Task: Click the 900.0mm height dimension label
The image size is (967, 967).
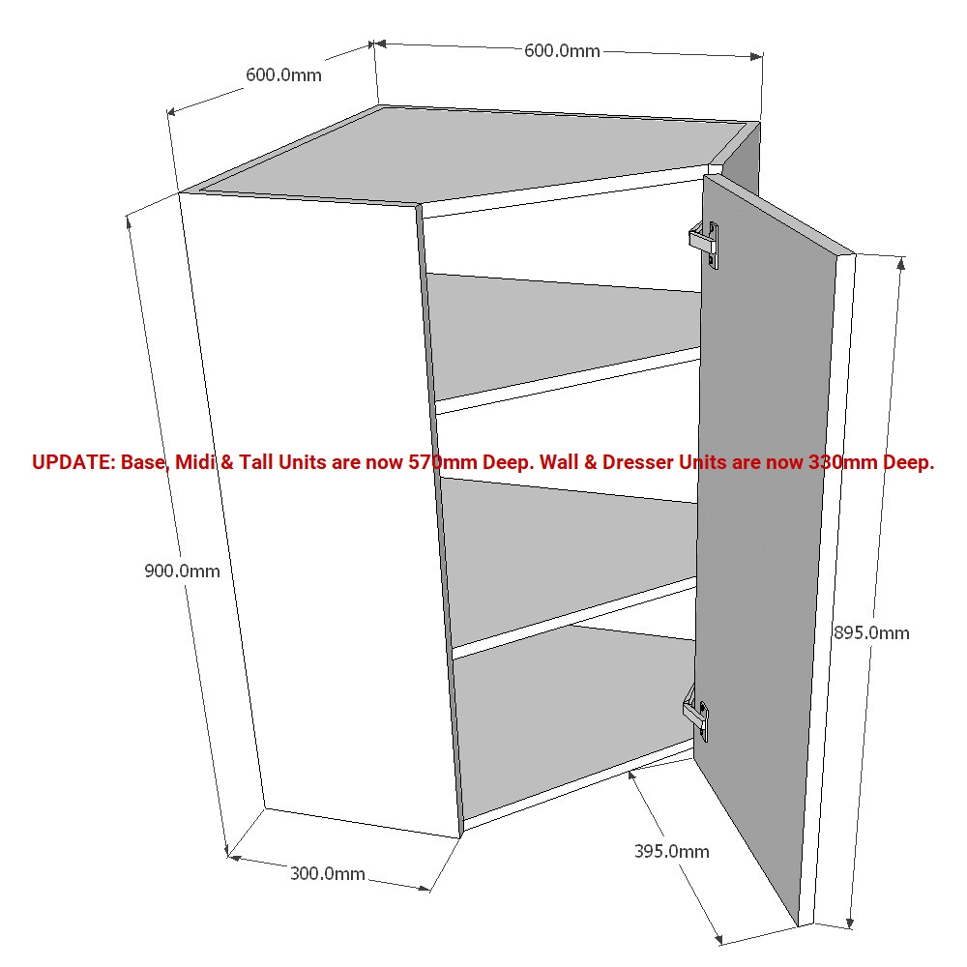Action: point(182,571)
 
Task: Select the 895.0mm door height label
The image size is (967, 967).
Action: point(871,632)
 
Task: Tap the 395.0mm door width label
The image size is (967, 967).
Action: point(672,852)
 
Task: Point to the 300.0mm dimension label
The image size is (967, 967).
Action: point(328,874)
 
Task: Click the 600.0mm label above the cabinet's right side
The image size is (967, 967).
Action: point(562,50)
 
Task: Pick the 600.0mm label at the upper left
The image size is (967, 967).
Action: point(283,75)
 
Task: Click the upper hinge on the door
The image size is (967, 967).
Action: point(704,245)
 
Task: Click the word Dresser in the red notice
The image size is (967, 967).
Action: point(638,462)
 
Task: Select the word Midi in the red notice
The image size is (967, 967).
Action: point(195,462)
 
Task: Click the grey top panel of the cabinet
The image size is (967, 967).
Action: point(469,154)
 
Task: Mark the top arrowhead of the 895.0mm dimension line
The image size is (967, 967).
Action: point(901,264)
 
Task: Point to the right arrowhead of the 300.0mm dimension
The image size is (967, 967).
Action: point(424,888)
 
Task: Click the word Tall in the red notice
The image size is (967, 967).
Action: point(256,462)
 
